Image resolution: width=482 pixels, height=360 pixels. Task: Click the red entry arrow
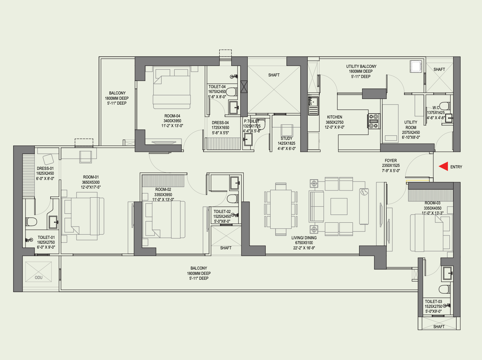coord(444,166)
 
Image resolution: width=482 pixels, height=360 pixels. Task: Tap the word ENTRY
coord(456,167)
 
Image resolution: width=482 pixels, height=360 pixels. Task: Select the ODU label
coord(39,277)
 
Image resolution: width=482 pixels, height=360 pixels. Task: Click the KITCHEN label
coord(334,117)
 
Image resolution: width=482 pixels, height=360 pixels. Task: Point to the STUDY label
coord(286,138)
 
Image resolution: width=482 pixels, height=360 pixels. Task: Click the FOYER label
coord(391,160)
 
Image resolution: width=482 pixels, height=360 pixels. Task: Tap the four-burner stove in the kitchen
coord(374,121)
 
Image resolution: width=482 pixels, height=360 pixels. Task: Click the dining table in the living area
coord(281,209)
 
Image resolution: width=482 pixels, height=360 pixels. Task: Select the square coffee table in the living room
coord(339,207)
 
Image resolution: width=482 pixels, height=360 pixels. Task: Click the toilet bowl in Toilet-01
coord(31,222)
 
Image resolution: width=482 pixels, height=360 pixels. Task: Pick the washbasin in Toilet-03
coord(447,273)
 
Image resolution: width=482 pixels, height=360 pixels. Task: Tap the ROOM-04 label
coord(172,116)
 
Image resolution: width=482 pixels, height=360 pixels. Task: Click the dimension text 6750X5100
coord(304,243)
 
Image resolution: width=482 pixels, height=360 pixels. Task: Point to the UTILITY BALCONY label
coord(361,66)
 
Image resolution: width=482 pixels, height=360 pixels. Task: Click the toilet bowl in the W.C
coord(444,106)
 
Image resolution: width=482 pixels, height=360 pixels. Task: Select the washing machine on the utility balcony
coord(416,66)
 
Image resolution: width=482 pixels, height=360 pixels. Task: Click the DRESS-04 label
coord(220,123)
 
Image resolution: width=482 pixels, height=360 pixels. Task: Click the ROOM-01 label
coord(91,177)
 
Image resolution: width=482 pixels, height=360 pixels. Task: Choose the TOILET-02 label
coord(222,211)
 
